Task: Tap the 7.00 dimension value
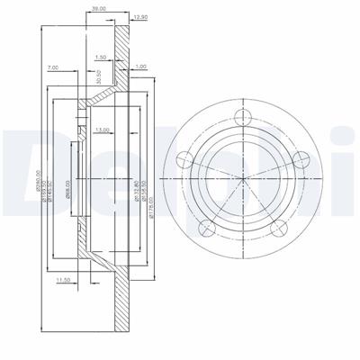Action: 53,68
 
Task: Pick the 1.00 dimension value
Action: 139,67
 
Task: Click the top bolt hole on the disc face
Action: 240,115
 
